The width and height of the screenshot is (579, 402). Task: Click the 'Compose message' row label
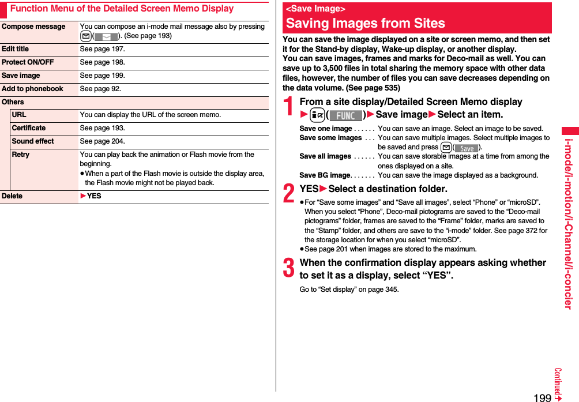pyautogui.click(x=33, y=27)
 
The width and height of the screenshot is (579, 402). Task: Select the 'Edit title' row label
pyautogui.click(x=16, y=50)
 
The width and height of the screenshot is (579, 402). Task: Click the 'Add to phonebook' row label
pyautogui.click(x=32, y=89)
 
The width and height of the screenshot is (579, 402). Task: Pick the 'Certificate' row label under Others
pyautogui.click(x=29, y=129)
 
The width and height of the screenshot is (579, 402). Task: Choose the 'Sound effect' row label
pyautogui.click(x=33, y=142)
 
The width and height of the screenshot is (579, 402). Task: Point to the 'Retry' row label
pyautogui.click(x=20, y=155)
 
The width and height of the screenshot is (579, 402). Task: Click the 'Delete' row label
pyautogui.click(x=12, y=197)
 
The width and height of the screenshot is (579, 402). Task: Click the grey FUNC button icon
pyautogui.click(x=345, y=115)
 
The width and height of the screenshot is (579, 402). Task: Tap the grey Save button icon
pyautogui.click(x=466, y=148)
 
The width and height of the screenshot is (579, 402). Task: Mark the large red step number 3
pyautogui.click(x=289, y=269)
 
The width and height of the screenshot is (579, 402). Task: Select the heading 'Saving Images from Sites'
pyautogui.click(x=365, y=24)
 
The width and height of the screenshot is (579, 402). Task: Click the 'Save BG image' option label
pyautogui.click(x=325, y=175)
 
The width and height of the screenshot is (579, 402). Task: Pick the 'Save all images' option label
pyautogui.click(x=325, y=157)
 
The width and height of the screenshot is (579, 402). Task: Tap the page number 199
pyautogui.click(x=542, y=397)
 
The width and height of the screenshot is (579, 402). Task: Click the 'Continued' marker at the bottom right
pyautogui.click(x=558, y=384)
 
